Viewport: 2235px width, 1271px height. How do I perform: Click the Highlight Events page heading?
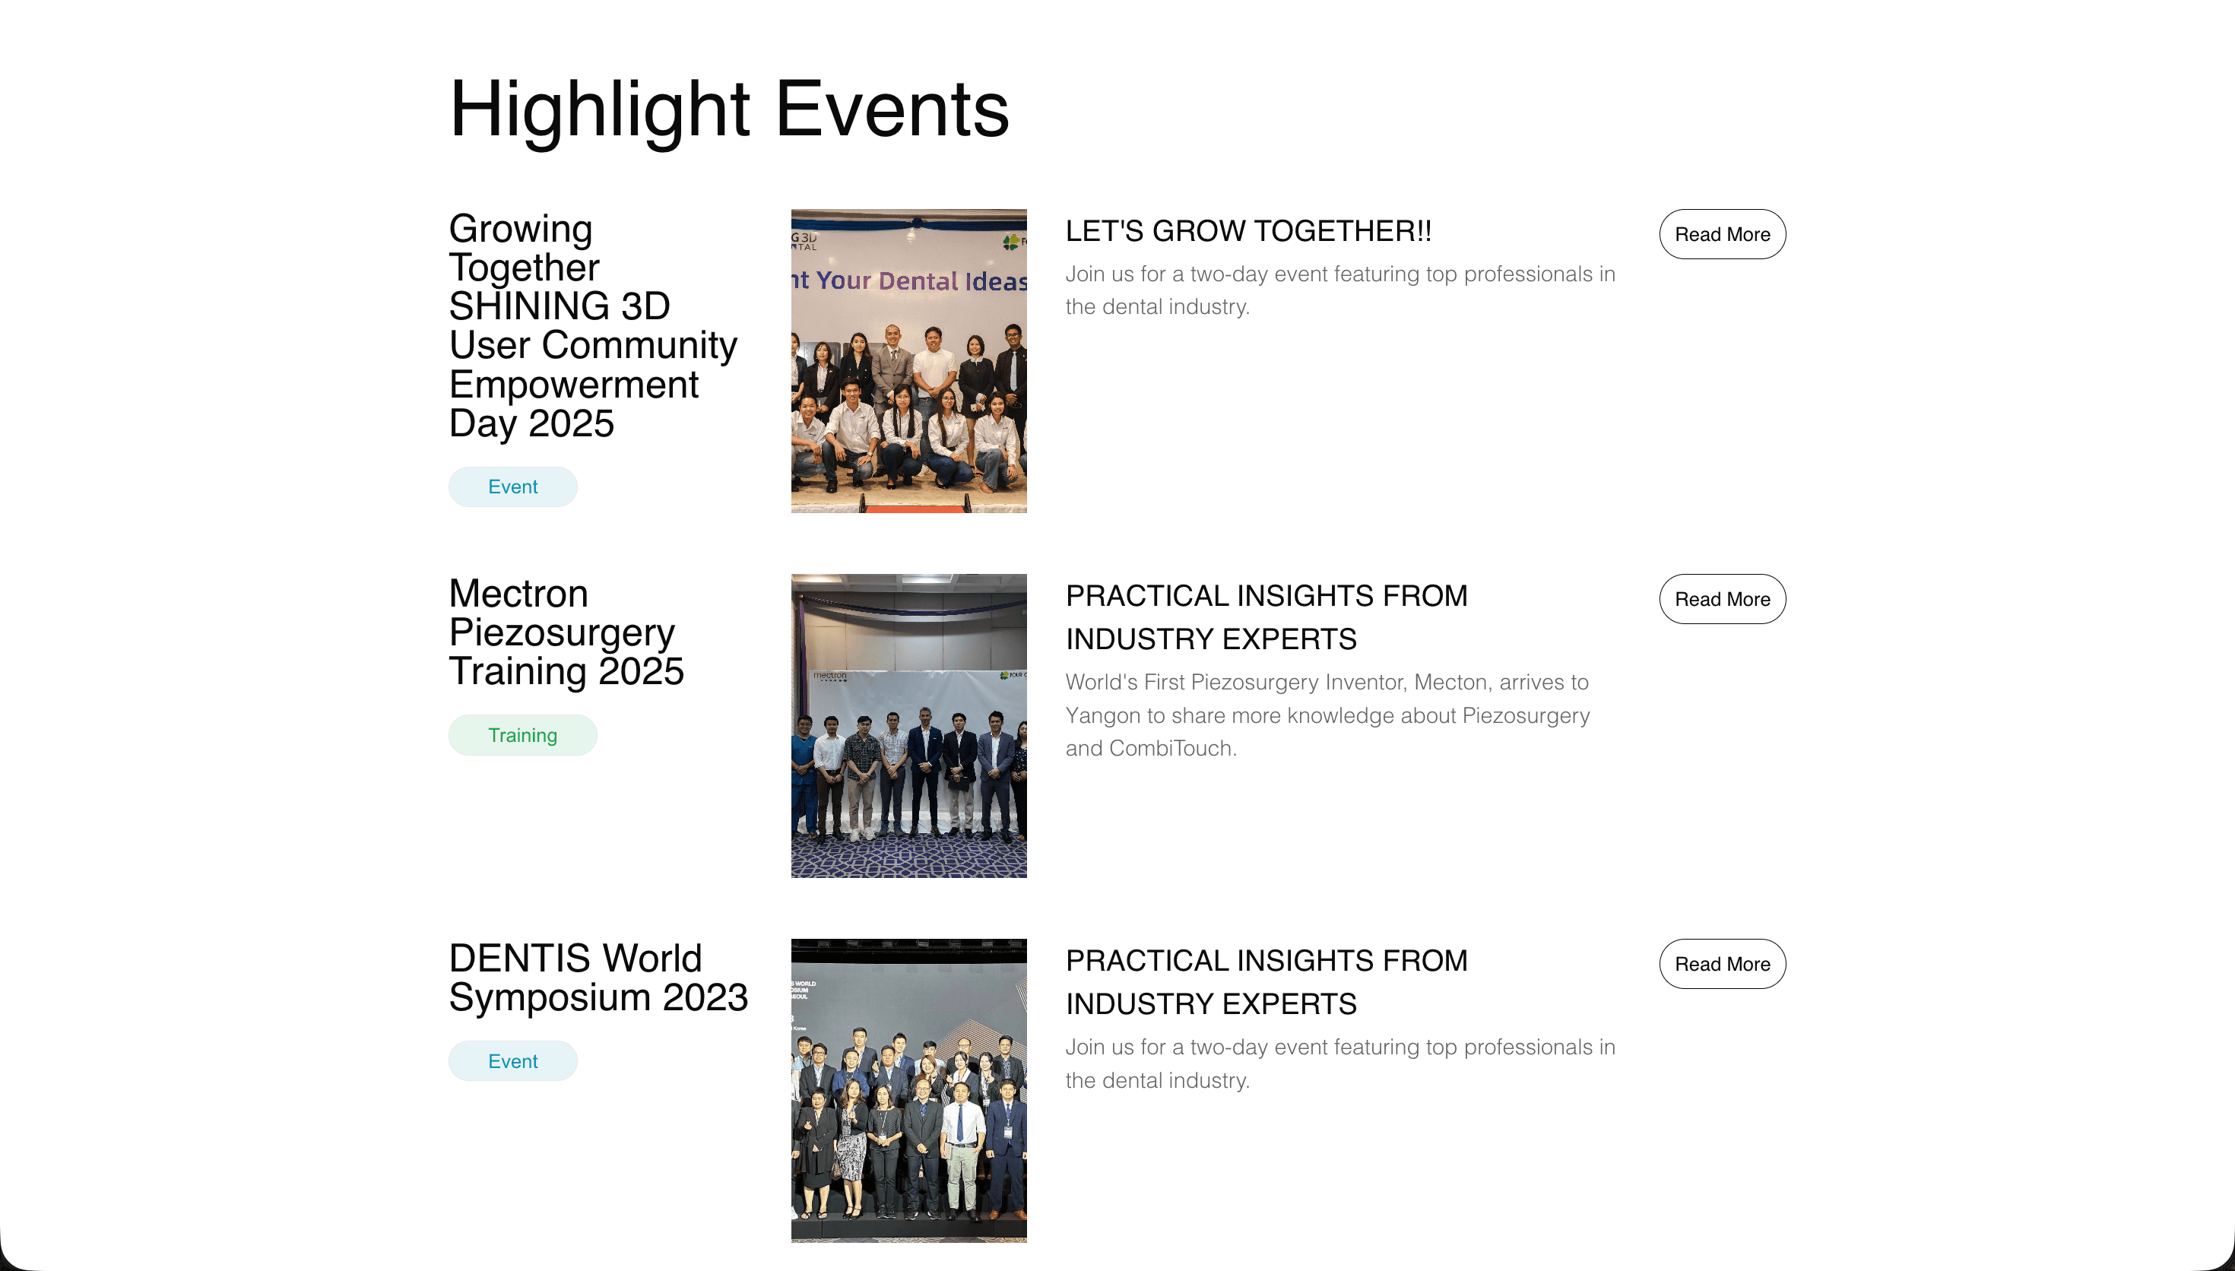click(729, 109)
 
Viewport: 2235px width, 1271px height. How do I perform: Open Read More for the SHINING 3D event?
click(1721, 234)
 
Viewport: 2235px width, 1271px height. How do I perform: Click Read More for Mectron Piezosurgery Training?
click(1721, 599)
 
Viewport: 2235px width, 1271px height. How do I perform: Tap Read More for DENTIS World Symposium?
click(1721, 964)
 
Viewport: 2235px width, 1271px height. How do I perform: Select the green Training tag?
click(521, 735)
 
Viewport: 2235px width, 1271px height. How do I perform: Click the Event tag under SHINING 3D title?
click(512, 487)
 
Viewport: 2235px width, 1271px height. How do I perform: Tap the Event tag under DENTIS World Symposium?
click(512, 1061)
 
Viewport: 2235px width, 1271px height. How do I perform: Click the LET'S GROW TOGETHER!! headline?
click(1248, 231)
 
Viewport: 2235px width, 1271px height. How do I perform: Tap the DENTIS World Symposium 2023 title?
click(598, 978)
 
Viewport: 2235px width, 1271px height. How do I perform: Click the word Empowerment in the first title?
click(573, 385)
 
